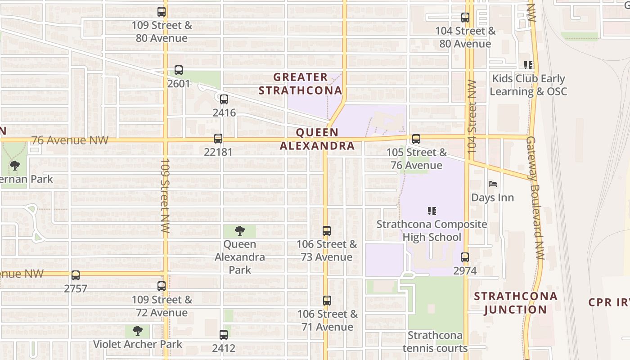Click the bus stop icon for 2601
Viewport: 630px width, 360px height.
click(179, 70)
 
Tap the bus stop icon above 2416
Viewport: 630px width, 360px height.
click(224, 99)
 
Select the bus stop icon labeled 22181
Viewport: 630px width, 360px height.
click(218, 139)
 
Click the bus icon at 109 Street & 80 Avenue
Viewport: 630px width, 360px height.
click(162, 12)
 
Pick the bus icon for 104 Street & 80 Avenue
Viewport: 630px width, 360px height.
click(465, 18)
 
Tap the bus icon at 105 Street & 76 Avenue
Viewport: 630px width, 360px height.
click(416, 139)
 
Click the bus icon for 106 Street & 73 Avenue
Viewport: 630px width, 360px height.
click(327, 231)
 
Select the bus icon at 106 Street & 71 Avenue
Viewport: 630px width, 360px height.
click(327, 301)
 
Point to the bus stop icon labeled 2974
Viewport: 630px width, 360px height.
click(465, 257)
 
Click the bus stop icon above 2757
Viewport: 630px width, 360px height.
click(76, 275)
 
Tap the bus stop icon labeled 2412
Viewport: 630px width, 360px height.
click(224, 335)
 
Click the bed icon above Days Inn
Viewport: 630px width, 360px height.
click(493, 184)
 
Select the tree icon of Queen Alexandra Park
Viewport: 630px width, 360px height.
click(240, 231)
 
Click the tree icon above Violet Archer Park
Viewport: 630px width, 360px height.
click(138, 331)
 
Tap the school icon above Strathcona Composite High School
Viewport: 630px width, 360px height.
click(432, 211)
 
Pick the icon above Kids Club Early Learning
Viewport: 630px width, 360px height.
click(528, 65)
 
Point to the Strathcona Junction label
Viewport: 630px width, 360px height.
click(516, 303)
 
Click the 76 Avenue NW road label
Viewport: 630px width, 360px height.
click(70, 140)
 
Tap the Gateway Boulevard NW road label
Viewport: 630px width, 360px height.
click(535, 198)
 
